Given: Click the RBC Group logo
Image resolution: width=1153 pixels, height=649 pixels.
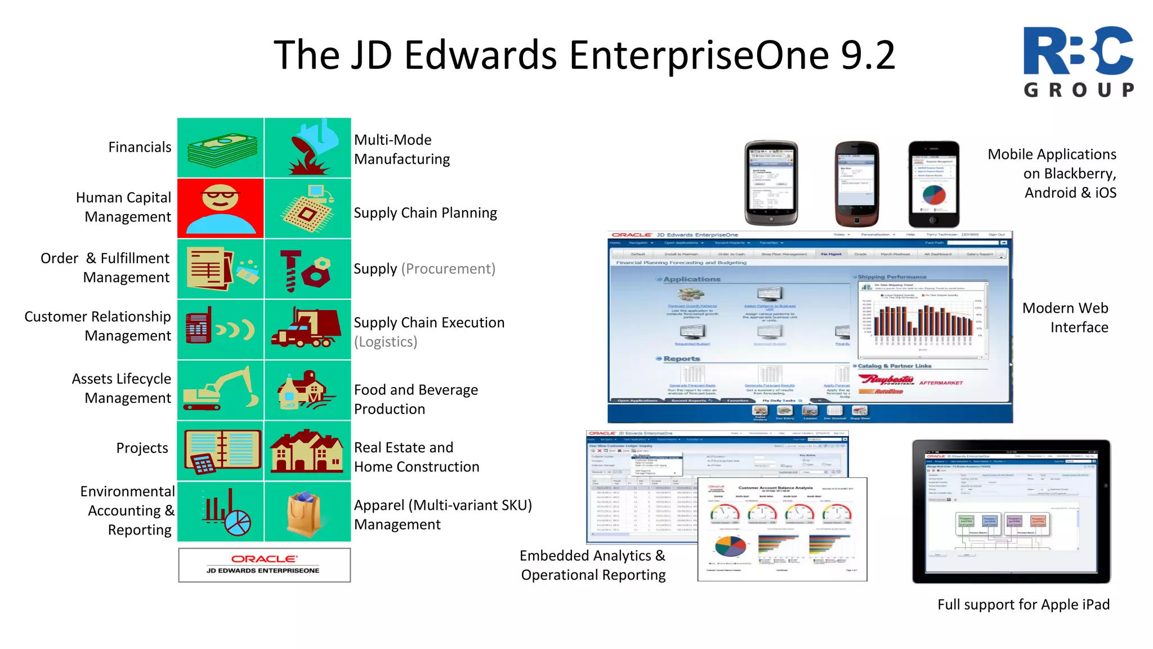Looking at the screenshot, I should coord(1078,61).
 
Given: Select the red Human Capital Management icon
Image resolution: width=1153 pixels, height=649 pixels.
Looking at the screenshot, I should coord(221,208).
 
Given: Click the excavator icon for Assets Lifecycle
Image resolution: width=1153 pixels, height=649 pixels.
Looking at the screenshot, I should coord(221,389).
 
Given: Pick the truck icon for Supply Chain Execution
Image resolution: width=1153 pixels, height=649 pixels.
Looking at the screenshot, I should coord(307,328).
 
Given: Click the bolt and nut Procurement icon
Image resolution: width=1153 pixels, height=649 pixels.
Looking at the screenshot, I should coord(307,269).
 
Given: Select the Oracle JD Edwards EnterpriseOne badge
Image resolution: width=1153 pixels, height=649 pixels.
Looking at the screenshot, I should coord(264,564).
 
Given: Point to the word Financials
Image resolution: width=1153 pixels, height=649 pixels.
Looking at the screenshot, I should coord(140,148).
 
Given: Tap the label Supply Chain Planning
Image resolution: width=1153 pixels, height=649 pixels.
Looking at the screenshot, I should coord(425,213).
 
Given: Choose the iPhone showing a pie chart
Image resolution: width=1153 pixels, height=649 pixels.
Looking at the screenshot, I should coord(933,184).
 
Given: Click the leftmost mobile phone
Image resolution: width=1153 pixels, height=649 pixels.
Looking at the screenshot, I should coord(771,183).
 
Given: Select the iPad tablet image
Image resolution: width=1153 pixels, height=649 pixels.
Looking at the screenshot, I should coord(1011,511).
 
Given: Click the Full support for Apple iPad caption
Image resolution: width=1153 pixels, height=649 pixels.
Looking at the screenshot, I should coord(1023,604).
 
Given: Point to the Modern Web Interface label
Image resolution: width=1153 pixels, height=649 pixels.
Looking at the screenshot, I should coord(1065,318).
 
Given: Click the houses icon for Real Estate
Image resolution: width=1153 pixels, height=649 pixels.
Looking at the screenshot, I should coord(307,451).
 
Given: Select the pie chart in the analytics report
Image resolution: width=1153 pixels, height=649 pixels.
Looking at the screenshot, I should coord(731,545).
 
